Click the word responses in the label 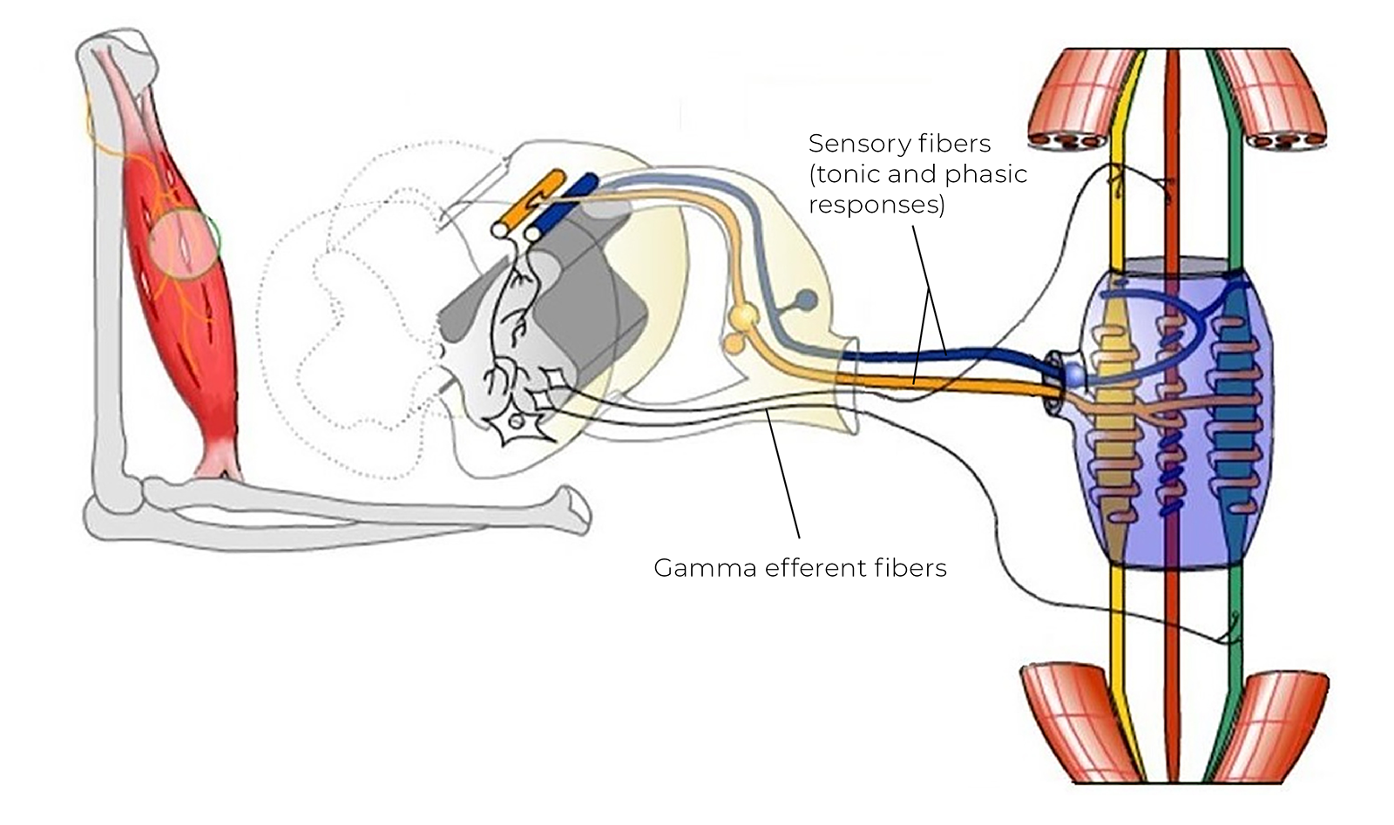(876, 205)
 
